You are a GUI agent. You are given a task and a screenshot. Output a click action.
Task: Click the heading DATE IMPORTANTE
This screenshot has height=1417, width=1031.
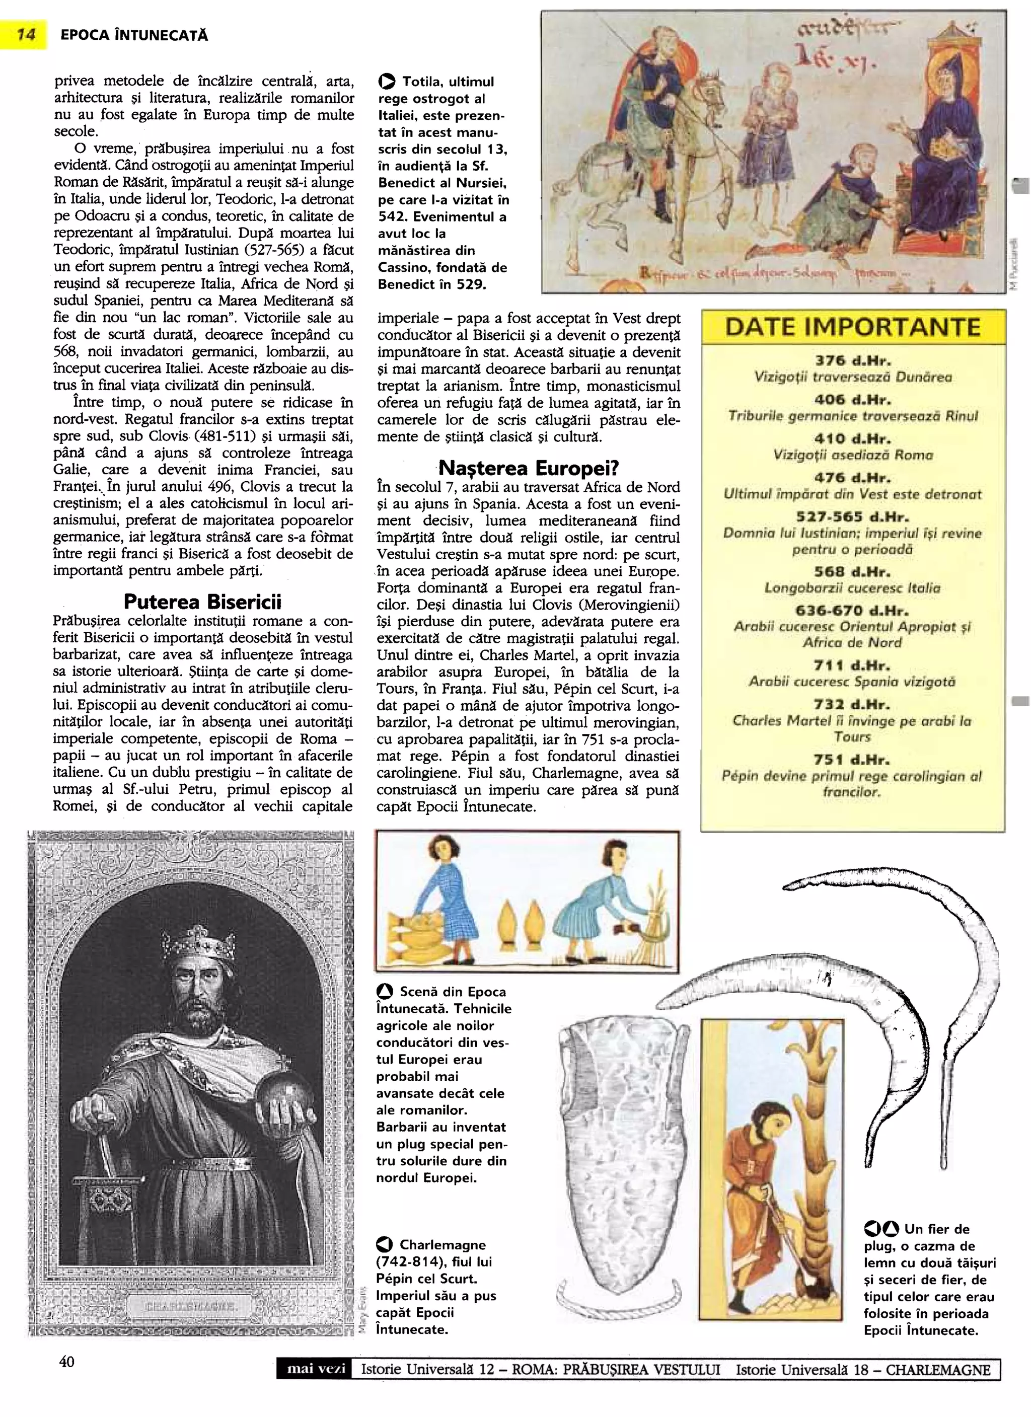tap(852, 327)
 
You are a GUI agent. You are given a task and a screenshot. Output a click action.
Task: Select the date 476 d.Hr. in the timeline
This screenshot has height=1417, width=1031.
tap(852, 478)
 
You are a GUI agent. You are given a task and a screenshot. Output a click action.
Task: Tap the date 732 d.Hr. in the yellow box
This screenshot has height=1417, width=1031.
tap(852, 704)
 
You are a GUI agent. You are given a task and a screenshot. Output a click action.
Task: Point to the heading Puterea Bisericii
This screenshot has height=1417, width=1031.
tap(202, 602)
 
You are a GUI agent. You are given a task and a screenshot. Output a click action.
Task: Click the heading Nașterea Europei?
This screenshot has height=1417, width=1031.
tap(529, 467)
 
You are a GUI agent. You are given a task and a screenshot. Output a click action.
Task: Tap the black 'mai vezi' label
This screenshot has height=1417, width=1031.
tap(316, 1386)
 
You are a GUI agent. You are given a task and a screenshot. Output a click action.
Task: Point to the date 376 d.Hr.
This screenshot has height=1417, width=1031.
tap(852, 360)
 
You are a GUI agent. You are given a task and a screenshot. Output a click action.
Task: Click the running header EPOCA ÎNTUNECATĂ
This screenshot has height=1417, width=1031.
tap(134, 36)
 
